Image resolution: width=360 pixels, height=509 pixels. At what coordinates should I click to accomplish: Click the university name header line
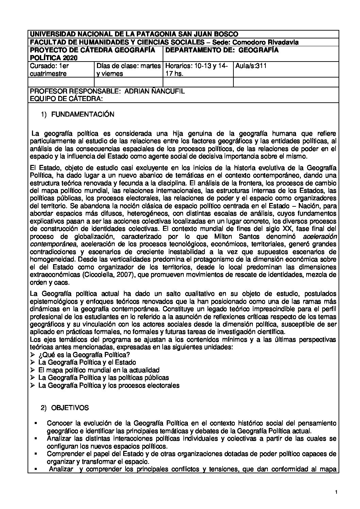(x=134, y=34)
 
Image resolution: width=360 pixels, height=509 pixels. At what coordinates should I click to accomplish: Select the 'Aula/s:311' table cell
(x=250, y=66)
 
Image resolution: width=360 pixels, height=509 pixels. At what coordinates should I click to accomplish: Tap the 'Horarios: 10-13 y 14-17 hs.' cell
(x=198, y=70)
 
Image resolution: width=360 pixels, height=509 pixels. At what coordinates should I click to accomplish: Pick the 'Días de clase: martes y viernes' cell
(x=128, y=70)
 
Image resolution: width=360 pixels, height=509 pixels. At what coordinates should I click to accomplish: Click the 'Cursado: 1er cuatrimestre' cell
(x=49, y=70)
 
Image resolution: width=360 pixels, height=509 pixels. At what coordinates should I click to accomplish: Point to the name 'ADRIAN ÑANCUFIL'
(x=155, y=91)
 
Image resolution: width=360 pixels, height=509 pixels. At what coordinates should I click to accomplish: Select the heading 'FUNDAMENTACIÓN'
(x=83, y=115)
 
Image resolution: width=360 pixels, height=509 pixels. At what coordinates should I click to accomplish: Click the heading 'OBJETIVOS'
(x=70, y=408)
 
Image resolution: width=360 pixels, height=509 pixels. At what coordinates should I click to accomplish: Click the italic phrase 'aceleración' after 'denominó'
(x=320, y=237)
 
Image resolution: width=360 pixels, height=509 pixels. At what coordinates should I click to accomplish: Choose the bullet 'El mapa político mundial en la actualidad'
(x=99, y=370)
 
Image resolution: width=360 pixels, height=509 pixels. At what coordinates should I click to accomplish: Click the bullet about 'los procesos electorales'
(x=109, y=385)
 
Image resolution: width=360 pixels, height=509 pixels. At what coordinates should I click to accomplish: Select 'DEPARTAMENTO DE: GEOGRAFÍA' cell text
(x=222, y=50)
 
